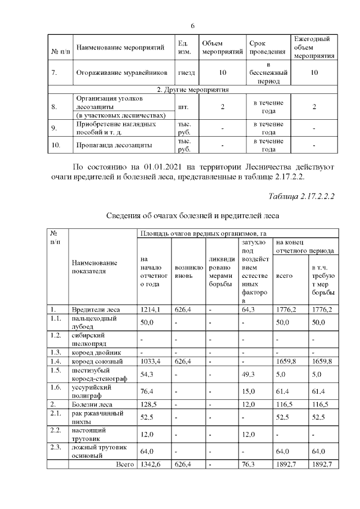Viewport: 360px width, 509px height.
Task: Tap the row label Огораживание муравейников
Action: tap(121, 73)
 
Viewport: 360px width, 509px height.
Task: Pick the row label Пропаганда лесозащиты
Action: tap(114, 145)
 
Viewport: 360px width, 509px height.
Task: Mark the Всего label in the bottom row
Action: tap(124, 465)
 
